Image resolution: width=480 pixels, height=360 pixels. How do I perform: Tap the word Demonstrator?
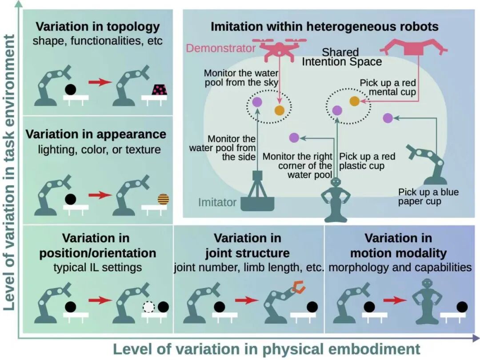pos(221,48)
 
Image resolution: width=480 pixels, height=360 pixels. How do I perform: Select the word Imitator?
pos(217,203)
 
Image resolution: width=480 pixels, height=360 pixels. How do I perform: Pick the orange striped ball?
pos(164,199)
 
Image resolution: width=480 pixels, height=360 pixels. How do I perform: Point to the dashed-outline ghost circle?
pos(148,307)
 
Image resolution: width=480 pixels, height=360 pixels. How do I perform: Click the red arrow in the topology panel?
pos(100,82)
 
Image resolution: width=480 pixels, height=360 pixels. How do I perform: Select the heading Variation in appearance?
pos(96,134)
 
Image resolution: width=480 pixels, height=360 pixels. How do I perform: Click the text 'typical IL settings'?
pos(98,267)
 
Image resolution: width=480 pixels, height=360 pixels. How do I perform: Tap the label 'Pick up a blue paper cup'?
pos(428,197)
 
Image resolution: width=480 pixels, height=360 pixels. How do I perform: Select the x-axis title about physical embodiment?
pos(266,349)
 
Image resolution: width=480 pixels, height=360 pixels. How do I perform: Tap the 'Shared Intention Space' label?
pos(341,57)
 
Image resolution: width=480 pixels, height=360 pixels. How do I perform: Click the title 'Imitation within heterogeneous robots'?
pos(324,26)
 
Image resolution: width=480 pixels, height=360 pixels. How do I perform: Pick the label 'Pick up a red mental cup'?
pos(388,88)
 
